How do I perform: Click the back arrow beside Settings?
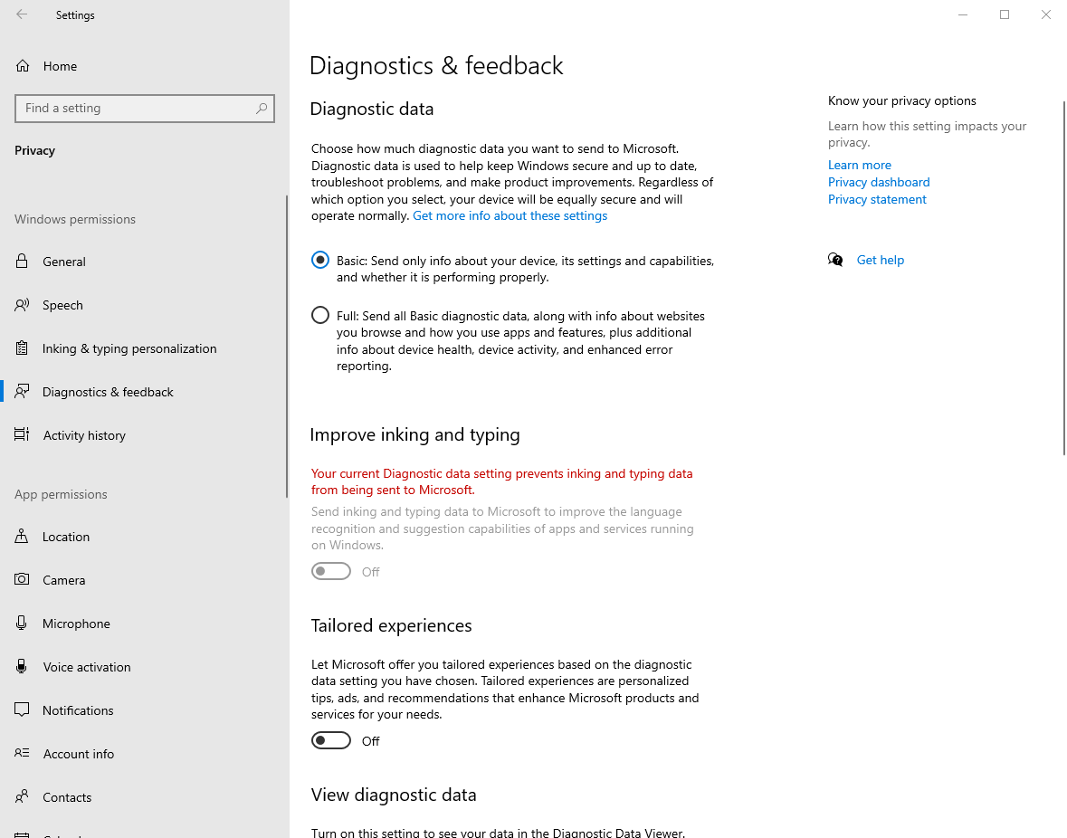click(22, 14)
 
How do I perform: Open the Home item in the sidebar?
click(60, 66)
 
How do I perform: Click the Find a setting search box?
click(136, 109)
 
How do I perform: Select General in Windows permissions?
click(64, 262)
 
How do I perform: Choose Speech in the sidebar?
click(62, 305)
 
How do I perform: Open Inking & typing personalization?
click(129, 348)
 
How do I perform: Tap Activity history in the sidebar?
click(84, 435)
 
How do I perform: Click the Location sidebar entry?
click(66, 537)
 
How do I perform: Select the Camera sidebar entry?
click(64, 580)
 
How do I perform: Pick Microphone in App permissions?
click(76, 624)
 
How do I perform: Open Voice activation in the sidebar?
click(87, 667)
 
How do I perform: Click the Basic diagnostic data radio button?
click(320, 261)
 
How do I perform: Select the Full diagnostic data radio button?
click(320, 316)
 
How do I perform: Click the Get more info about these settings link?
click(510, 216)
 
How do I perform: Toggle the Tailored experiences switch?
click(331, 741)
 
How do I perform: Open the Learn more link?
click(860, 165)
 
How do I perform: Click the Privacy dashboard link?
click(879, 182)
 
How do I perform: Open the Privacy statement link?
click(877, 199)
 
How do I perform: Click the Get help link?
click(881, 260)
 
